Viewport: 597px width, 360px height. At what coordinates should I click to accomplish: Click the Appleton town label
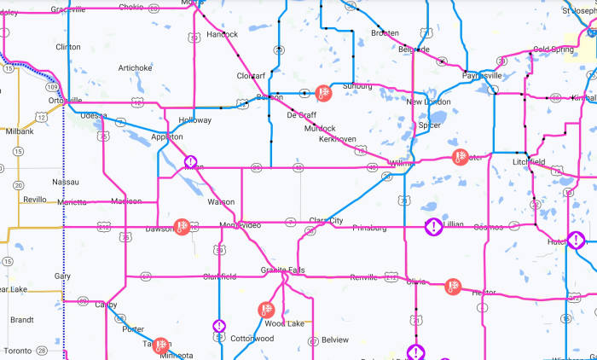tap(166, 136)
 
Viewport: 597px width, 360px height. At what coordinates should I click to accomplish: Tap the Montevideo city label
tap(240, 224)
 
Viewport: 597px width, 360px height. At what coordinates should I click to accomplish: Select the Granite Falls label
tap(283, 270)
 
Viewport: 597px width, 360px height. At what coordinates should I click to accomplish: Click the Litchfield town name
tap(528, 161)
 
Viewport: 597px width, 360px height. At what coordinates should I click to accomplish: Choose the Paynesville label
tap(482, 75)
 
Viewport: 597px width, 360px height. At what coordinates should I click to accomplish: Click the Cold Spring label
tap(553, 49)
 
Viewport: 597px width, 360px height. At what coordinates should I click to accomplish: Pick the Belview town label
tap(335, 340)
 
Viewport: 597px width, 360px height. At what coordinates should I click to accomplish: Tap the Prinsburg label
tap(368, 228)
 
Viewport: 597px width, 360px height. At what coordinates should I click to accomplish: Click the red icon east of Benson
tap(323, 92)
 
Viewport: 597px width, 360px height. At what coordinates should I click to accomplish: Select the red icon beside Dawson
tap(181, 226)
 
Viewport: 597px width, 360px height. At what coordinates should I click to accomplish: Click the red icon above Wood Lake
tap(266, 310)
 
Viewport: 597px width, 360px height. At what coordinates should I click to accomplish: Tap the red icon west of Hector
tap(453, 287)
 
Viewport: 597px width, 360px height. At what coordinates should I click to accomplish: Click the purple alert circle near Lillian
tap(434, 227)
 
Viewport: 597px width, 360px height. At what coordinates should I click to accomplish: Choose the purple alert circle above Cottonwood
tap(219, 326)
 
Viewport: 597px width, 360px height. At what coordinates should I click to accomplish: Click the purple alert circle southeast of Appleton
tap(191, 161)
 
